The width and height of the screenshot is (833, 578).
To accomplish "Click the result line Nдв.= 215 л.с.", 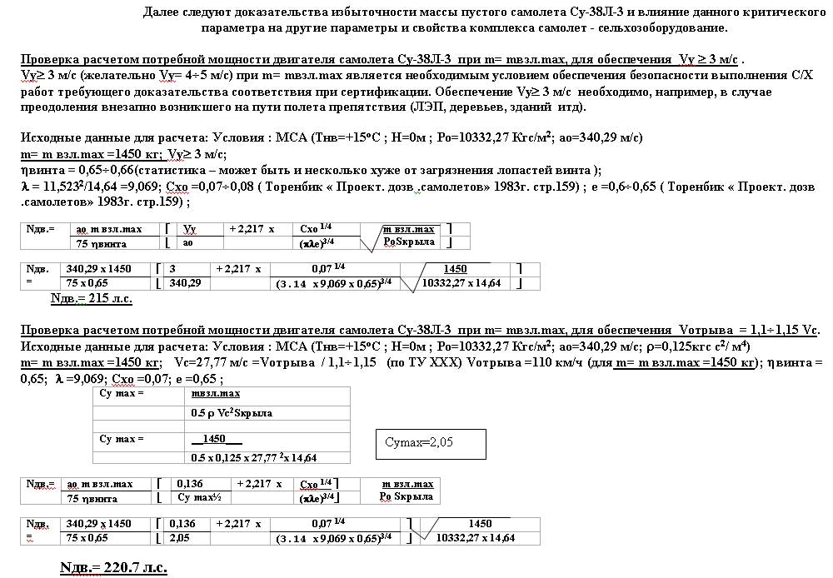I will click(92, 298).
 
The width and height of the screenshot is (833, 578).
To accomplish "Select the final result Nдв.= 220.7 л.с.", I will click(113, 568).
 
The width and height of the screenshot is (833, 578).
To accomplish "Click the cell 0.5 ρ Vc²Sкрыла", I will click(232, 412).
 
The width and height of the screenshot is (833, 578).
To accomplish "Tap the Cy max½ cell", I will click(200, 498).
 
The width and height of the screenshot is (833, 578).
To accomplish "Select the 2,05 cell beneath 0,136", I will click(182, 538).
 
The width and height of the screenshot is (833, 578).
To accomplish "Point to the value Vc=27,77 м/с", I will click(211, 363).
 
